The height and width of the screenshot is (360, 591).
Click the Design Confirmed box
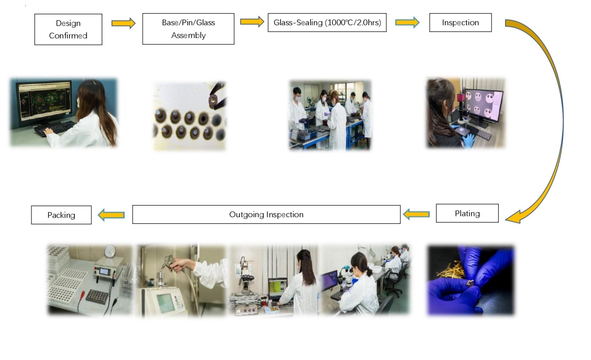(x=68, y=29)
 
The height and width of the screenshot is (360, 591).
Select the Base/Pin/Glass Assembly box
(x=188, y=29)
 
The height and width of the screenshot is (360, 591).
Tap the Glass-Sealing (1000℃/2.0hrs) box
(x=327, y=22)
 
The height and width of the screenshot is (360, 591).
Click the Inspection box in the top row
(x=461, y=22)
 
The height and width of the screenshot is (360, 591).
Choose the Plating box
(x=467, y=213)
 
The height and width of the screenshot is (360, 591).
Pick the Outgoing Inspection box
(x=266, y=215)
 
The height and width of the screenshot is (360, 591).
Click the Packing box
(x=61, y=215)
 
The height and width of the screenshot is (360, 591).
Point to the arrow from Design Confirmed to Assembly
(x=123, y=23)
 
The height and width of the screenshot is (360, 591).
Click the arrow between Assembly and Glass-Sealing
(x=252, y=22)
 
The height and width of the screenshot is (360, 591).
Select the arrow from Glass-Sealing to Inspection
(x=407, y=22)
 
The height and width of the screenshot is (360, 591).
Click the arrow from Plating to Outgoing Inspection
(x=416, y=214)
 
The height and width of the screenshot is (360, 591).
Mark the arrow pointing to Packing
(x=112, y=215)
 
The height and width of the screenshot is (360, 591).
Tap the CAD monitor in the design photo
(x=44, y=101)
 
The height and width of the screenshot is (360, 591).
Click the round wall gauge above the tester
(x=110, y=251)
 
